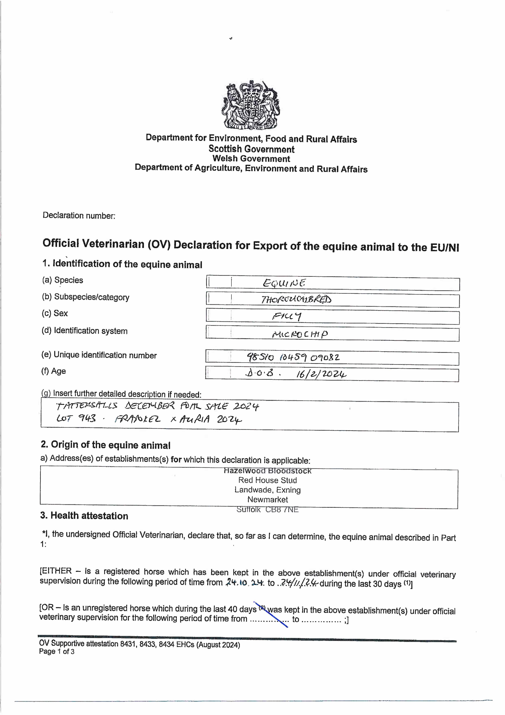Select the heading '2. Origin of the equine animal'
point(105,445)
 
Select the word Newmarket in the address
point(268,499)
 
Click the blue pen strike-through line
point(271,614)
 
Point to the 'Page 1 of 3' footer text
point(57,652)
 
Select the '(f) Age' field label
point(54,371)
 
